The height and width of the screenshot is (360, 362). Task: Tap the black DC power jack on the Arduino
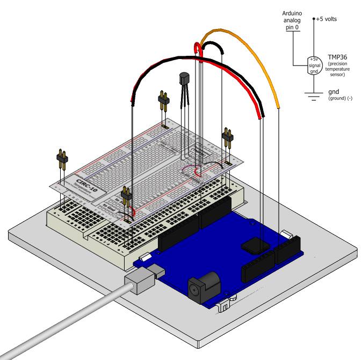(x=198, y=287)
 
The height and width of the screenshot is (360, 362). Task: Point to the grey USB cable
(x=64, y=322)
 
